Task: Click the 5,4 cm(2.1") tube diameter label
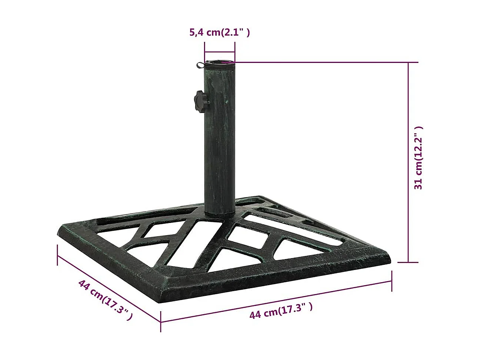(220, 33)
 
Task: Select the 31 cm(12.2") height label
(419, 158)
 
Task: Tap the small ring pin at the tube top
(200, 65)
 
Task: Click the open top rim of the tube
(220, 61)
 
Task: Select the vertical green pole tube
(219, 141)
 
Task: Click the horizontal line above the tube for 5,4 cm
(220, 53)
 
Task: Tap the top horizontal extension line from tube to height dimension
(322, 62)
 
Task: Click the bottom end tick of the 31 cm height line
(409, 262)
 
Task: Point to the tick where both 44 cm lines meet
(161, 321)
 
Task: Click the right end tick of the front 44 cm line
(391, 281)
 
